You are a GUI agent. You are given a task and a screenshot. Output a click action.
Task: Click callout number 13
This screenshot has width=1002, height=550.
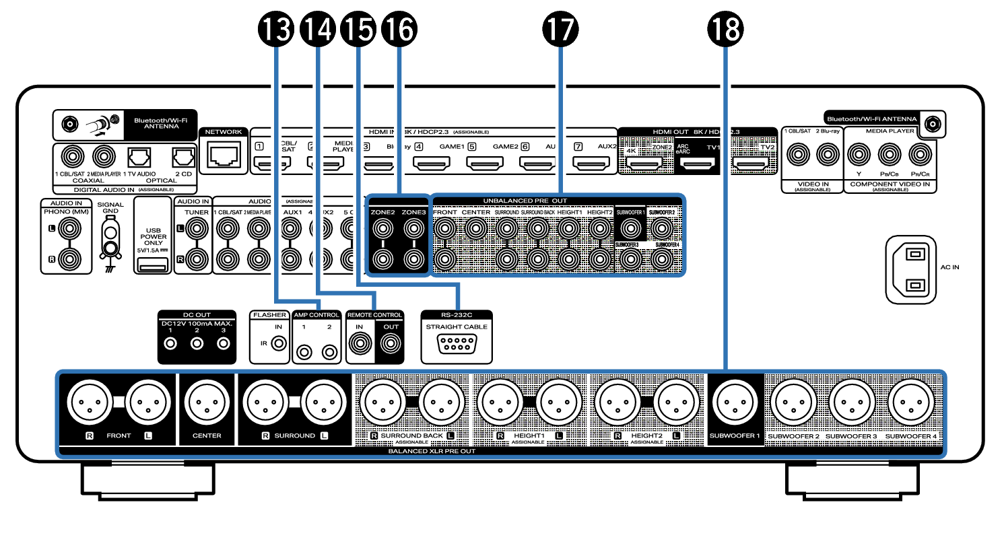tap(276, 30)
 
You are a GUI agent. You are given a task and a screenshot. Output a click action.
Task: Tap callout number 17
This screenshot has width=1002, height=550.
tap(560, 30)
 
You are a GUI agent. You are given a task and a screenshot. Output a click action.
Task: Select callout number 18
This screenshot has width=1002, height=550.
tap(725, 30)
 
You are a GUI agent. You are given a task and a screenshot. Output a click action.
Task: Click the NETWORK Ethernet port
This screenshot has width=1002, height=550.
tap(223, 156)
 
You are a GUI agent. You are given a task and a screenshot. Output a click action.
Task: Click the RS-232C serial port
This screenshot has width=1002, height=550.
tap(457, 345)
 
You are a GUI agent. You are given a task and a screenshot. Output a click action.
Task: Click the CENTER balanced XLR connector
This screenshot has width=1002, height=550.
tap(207, 404)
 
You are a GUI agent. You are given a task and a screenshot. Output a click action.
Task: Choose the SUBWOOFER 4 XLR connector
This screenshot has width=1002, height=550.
tap(911, 404)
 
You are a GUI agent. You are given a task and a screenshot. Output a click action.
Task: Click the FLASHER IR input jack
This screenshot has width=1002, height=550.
tap(278, 343)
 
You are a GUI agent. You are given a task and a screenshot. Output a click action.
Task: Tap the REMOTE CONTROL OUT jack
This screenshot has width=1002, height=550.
tap(391, 344)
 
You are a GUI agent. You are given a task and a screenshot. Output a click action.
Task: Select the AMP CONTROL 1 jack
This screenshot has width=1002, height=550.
tap(305, 351)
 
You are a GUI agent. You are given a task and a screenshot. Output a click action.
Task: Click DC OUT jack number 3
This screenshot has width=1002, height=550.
tap(223, 344)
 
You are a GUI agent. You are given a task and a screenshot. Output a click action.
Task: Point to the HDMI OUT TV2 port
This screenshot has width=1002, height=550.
tap(751, 163)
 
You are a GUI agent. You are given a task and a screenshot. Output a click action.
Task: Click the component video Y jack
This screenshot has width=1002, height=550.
tap(859, 155)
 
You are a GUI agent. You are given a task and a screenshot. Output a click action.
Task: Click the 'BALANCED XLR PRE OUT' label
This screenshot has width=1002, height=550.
tap(432, 451)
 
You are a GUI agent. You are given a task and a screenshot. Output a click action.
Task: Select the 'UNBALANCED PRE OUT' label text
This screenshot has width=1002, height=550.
tap(525, 201)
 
